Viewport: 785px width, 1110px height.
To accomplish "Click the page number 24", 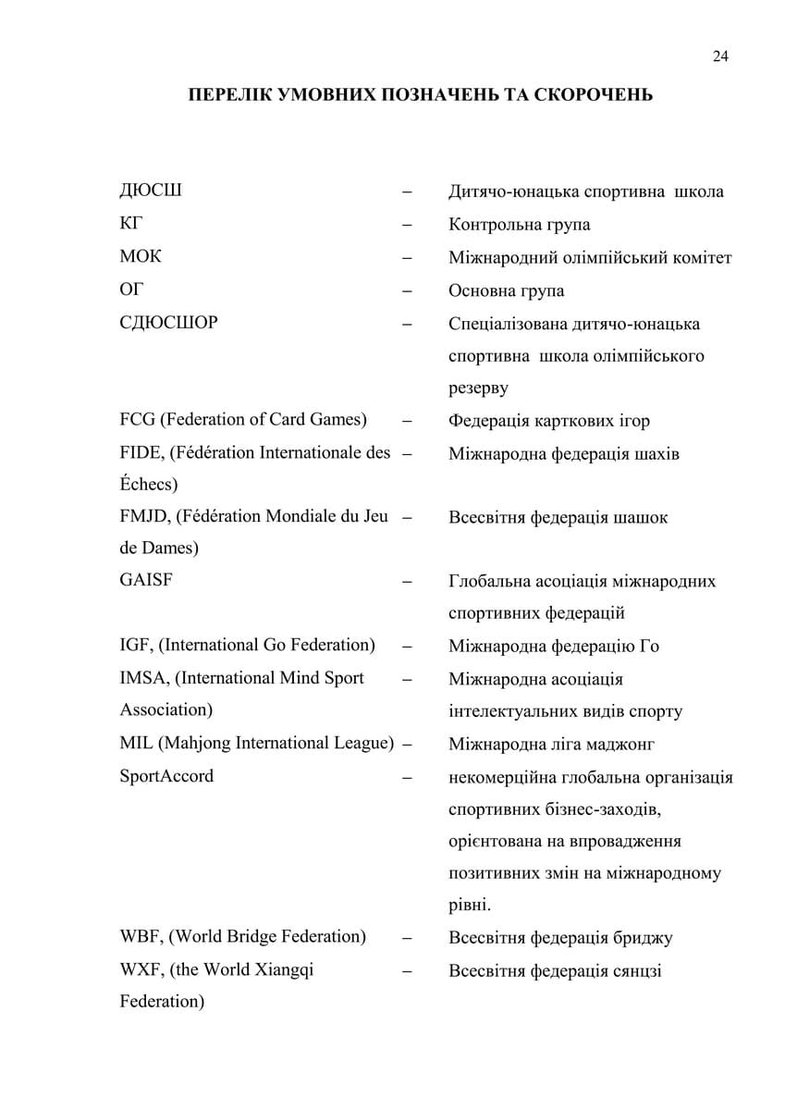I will (x=720, y=56).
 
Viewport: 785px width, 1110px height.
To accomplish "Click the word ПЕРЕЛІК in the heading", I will (x=230, y=95).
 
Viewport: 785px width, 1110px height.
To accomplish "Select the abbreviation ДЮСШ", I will (x=151, y=191).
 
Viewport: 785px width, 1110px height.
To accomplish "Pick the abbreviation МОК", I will (x=141, y=257).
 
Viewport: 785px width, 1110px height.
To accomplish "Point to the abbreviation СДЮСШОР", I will (x=168, y=323).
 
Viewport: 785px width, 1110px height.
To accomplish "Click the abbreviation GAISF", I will (x=146, y=581).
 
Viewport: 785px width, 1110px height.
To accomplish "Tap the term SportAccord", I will (x=166, y=776).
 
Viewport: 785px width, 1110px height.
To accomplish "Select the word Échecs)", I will (x=149, y=484).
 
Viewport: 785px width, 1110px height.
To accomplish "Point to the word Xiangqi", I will (x=279, y=969).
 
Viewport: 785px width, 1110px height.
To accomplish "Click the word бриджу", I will (x=642, y=937).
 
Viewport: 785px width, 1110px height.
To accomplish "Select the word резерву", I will (x=478, y=388).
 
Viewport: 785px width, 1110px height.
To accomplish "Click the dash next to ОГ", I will (x=407, y=290).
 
